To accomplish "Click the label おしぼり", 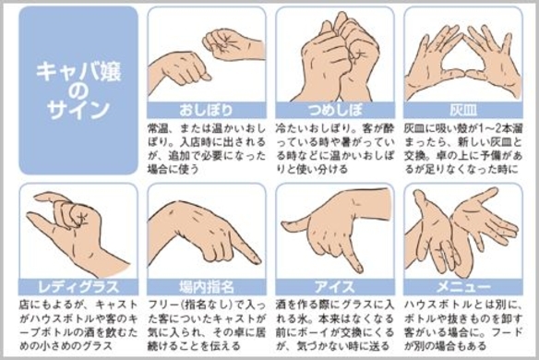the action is (206, 110).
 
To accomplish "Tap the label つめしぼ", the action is (335, 110).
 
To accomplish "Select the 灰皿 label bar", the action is (463, 110).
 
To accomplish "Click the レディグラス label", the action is (78, 287).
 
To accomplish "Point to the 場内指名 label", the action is (206, 287).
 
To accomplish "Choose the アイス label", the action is (335, 287).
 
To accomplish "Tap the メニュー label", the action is (463, 287).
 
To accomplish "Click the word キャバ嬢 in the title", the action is (78, 72).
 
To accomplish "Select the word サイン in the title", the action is (78, 109).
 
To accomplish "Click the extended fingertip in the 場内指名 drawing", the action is (257, 259).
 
